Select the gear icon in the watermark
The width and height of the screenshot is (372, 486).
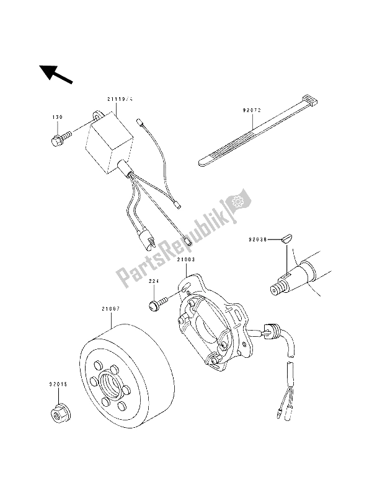tap(236, 202)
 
